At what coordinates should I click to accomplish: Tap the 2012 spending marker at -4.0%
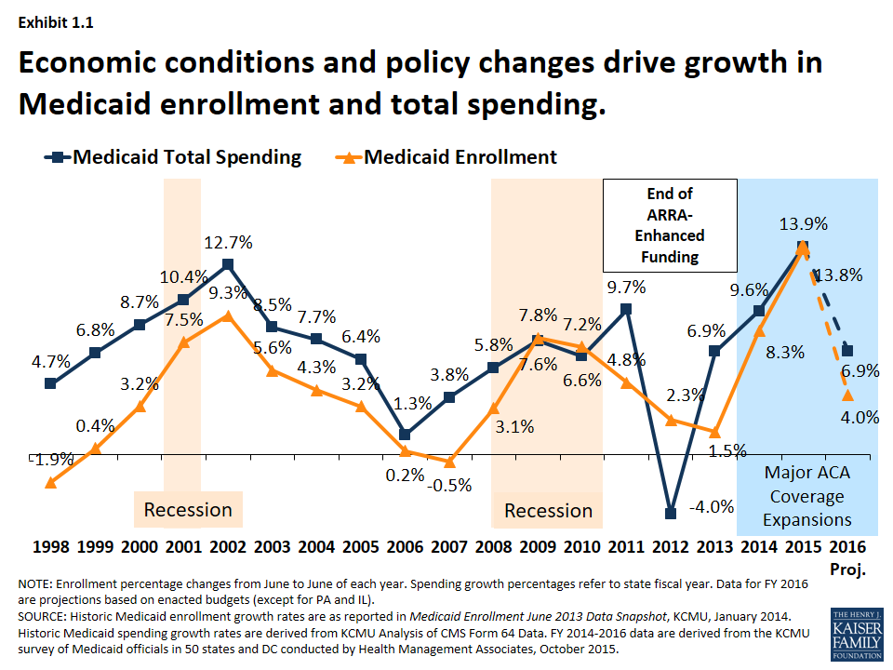point(670,513)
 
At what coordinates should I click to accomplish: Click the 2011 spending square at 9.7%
point(626,309)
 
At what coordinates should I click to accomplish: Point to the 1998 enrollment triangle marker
point(50,481)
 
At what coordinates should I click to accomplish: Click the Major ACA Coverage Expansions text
point(807,496)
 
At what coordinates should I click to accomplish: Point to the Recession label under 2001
point(188,510)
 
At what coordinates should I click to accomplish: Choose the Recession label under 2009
point(548,510)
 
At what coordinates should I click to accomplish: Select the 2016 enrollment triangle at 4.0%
point(846,395)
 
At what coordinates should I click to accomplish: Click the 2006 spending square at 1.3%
point(405,435)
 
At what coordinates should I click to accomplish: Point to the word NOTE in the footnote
point(34,583)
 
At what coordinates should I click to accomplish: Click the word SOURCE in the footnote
point(40,616)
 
